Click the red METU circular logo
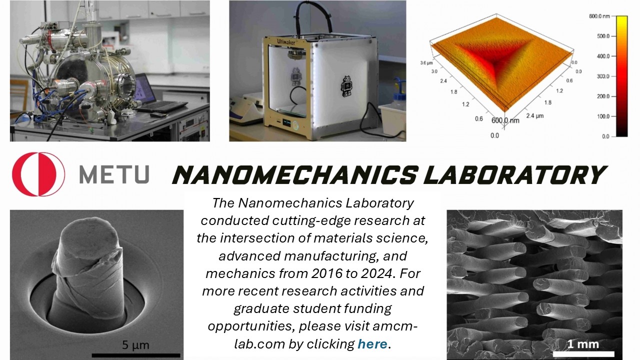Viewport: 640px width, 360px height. (x=38, y=174)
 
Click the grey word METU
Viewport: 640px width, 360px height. (x=114, y=174)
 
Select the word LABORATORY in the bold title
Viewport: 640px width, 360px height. (x=515, y=174)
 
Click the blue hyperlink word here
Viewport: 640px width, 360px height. (x=372, y=343)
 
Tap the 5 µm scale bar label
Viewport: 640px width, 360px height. (x=135, y=345)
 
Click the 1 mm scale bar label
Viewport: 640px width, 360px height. (x=583, y=344)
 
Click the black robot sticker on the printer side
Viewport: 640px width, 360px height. (x=346, y=85)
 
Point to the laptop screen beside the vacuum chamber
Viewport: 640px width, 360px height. (x=143, y=88)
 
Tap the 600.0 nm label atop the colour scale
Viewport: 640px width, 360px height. (x=599, y=16)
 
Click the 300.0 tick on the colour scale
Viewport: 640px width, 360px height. (x=603, y=76)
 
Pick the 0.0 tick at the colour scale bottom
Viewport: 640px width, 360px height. (x=605, y=136)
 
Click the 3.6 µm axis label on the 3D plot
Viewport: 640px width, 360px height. (x=426, y=63)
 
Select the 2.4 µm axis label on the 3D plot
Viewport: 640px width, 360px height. (x=535, y=115)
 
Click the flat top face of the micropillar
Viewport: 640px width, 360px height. (x=89, y=239)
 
